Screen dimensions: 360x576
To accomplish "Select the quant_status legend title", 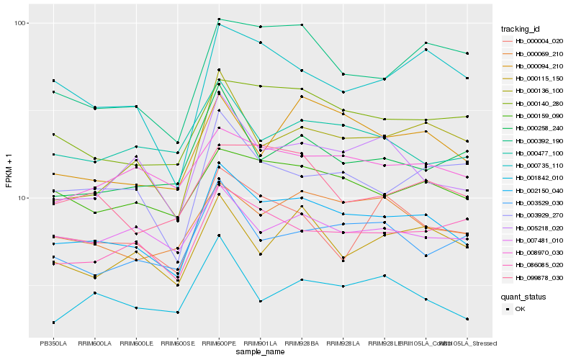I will click(523, 296).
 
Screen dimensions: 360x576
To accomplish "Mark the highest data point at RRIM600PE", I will click(219, 19).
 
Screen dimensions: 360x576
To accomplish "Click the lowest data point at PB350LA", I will click(53, 323).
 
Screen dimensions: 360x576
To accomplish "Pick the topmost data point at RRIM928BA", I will click(302, 25).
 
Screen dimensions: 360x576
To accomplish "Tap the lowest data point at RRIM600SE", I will click(177, 312).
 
